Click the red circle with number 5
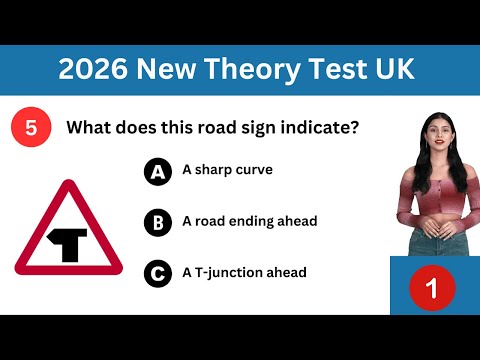pyautogui.click(x=31, y=128)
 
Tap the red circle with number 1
pyautogui.click(x=432, y=289)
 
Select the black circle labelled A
pyautogui.click(x=157, y=171)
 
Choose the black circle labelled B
pyautogui.click(x=157, y=222)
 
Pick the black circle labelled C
pyautogui.click(x=157, y=272)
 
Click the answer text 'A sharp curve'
pyautogui.click(x=227, y=170)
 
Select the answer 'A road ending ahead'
pyautogui.click(x=249, y=221)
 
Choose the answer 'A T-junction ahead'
pyautogui.click(x=244, y=272)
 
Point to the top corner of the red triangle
pyautogui.click(x=68, y=185)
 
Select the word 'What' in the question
pyautogui.click(x=88, y=128)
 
